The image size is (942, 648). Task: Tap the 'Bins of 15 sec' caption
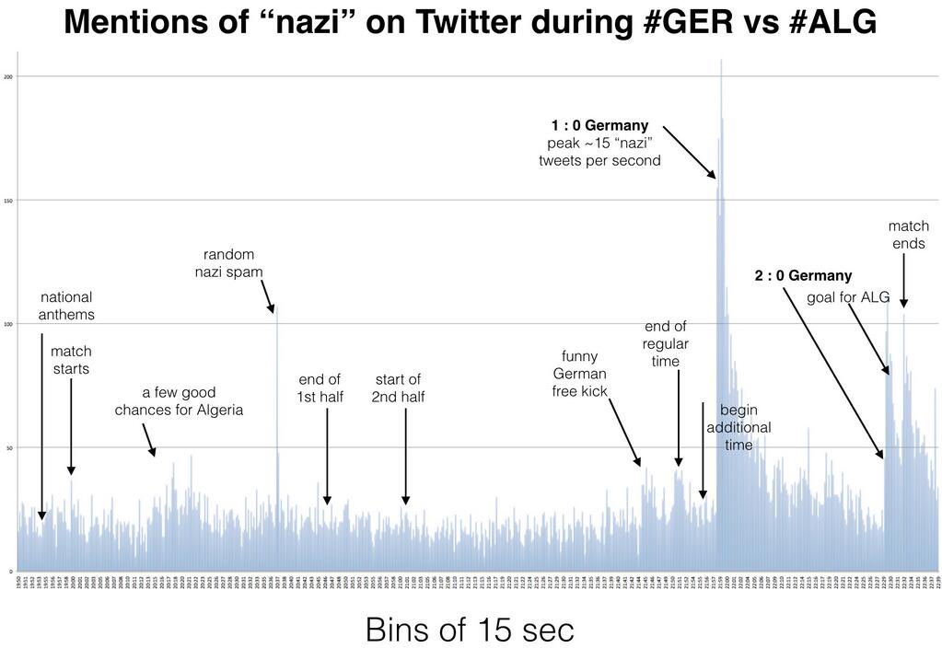coord(470,630)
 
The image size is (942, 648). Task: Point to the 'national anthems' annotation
coord(66,306)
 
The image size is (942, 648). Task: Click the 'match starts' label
coord(71,360)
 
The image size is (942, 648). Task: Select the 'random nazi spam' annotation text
coord(228,262)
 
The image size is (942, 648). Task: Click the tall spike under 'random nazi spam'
coord(277,387)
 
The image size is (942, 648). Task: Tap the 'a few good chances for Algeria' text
coord(179,400)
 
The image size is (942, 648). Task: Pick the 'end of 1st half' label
coord(320,388)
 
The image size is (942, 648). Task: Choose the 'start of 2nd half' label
coord(398,388)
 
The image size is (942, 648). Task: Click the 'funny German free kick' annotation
coord(580,374)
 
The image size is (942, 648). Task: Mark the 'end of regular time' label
coord(665,343)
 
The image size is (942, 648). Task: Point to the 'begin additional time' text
coord(738,427)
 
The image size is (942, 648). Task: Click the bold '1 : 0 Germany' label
coord(599,125)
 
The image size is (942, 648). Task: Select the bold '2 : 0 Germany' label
coord(803,275)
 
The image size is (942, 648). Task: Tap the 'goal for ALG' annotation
coord(848,296)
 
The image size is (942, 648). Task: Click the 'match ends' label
coord(908,235)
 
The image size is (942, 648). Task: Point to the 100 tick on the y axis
coord(8,324)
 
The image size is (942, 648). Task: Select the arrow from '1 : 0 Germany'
coord(688,151)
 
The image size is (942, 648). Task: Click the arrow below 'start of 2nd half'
coord(405,456)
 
